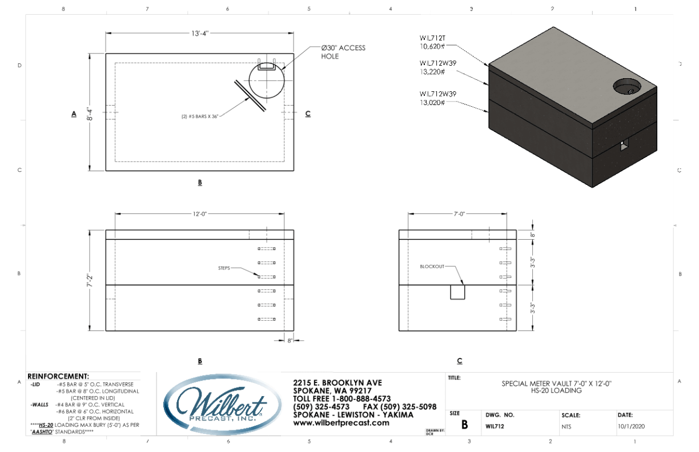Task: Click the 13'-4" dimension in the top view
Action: tap(199, 33)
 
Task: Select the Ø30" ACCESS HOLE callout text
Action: tap(343, 52)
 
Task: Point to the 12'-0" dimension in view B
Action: tap(199, 213)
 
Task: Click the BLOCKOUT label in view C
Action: tap(432, 267)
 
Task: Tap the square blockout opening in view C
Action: tap(458, 292)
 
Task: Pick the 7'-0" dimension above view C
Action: tap(460, 213)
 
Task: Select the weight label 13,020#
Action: tap(432, 102)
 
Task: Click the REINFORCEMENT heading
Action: tap(58, 377)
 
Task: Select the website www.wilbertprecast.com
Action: tap(341, 423)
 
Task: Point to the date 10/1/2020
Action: tap(632, 426)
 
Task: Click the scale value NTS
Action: tap(567, 426)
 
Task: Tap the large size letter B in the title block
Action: tap(464, 425)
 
